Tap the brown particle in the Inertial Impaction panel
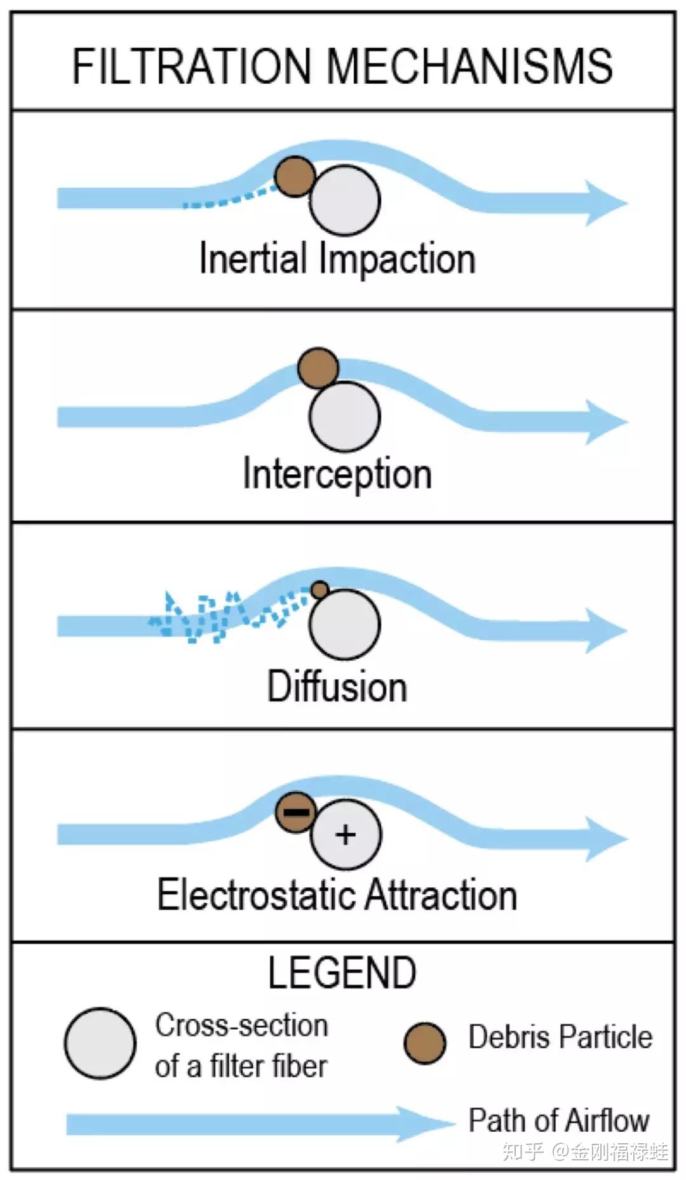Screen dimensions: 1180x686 click(x=295, y=176)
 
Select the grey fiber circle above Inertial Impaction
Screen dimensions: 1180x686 click(x=345, y=200)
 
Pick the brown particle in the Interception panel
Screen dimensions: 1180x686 click(x=318, y=368)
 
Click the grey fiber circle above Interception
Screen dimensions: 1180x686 click(x=345, y=416)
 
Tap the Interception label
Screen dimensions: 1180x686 click(x=337, y=474)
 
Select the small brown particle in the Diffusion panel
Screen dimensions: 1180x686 click(x=320, y=590)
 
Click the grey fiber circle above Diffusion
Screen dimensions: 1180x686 click(x=345, y=625)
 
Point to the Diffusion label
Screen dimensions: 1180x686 click(x=337, y=686)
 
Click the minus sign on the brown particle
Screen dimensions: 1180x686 click(x=296, y=812)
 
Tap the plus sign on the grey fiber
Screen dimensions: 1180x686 click(x=346, y=835)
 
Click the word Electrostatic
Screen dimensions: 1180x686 click(x=257, y=895)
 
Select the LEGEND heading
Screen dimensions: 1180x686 click(x=342, y=972)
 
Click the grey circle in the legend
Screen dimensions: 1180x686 click(x=100, y=1044)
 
